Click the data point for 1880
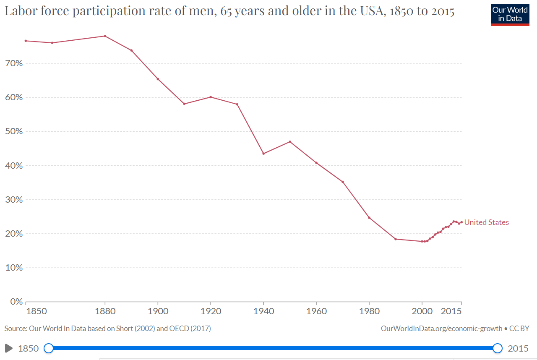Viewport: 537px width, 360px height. tap(105, 36)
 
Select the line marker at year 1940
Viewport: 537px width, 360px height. tap(263, 154)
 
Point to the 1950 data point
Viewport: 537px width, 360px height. tap(290, 141)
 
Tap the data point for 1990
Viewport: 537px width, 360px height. tap(396, 239)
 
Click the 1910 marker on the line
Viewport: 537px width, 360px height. tap(184, 104)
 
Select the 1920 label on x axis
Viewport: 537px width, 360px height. tap(211, 311)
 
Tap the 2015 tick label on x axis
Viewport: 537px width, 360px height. tap(452, 311)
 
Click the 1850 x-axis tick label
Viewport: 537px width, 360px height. tap(36, 311)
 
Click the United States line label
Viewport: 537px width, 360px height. tap(486, 222)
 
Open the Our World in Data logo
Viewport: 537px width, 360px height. tap(510, 14)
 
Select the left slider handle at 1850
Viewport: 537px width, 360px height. tap(49, 348)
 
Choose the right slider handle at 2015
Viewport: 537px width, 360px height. tap(498, 348)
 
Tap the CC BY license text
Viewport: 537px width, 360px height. tap(519, 329)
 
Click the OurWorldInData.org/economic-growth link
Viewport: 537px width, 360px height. tap(441, 329)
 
